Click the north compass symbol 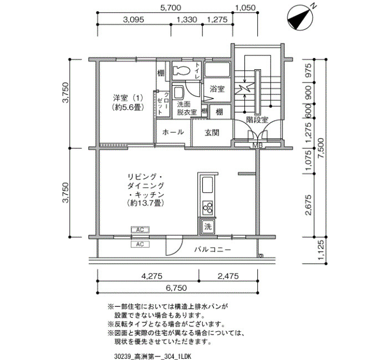299,18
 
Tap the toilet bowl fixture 181,70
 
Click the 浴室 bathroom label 217,89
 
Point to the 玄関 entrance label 212,133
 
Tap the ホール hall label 173,132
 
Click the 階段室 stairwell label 257,120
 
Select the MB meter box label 257,145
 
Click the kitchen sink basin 208,184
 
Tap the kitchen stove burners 208,207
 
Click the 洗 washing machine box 208,226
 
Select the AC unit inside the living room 140,230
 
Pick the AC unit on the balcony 140,244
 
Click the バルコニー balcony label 212,249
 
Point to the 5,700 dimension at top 171,8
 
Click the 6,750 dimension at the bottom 176,288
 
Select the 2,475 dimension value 228,276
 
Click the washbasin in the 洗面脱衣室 178,93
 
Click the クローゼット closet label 163,104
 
